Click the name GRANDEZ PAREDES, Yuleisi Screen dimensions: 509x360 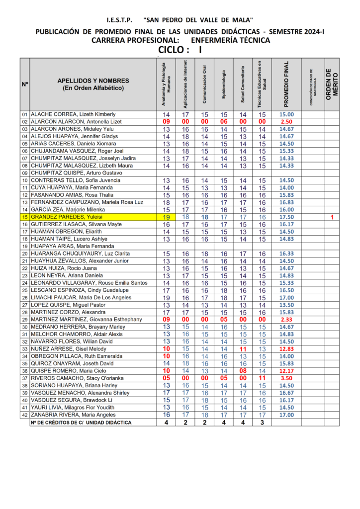point(56,217)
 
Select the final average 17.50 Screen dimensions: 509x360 point(286,217)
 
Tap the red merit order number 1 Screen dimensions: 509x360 point(332,217)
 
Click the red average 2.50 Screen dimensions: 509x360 point(286,122)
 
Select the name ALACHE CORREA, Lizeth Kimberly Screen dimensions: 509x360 point(73,114)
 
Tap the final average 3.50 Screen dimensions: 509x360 point(286,378)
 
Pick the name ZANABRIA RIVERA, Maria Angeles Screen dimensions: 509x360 point(74,415)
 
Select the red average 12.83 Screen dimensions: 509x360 point(286,349)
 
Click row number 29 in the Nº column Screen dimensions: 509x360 point(24,320)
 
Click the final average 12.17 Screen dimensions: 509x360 point(286,371)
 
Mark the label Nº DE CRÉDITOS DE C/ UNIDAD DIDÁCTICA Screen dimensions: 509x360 point(81,423)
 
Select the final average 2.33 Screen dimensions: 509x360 point(286,320)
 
